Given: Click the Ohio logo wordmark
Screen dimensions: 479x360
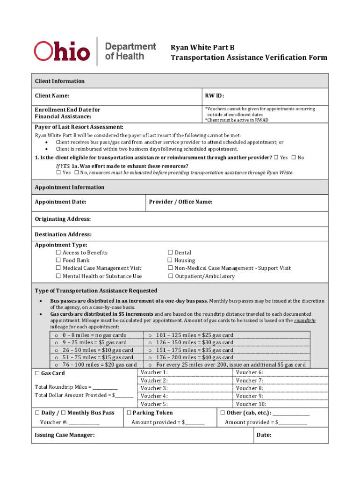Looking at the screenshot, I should click(x=61, y=51).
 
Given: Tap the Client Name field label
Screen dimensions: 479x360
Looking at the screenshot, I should click(x=52, y=96).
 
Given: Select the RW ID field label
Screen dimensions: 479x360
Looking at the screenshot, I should click(x=215, y=96).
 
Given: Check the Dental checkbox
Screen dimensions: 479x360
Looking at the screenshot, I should click(x=170, y=253).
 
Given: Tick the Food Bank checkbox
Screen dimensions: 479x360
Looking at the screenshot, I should click(x=58, y=261).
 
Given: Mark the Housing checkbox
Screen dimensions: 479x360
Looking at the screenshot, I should click(x=170, y=261).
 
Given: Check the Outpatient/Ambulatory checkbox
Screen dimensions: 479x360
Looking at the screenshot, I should click(x=170, y=276).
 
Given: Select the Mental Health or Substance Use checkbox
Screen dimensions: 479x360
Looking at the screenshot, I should click(x=58, y=276).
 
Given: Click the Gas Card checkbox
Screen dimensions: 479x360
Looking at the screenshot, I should click(x=37, y=373).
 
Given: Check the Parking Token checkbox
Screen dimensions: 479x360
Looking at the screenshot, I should click(x=129, y=413).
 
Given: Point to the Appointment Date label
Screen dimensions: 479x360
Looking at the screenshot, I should click(x=60, y=202).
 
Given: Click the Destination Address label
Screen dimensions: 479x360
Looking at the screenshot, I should click(x=63, y=234).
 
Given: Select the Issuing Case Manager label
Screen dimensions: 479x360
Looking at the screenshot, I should click(x=65, y=435).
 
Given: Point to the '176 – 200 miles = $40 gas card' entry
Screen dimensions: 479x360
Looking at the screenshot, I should click(x=194, y=357).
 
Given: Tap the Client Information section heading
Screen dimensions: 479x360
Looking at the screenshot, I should click(x=60, y=81).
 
